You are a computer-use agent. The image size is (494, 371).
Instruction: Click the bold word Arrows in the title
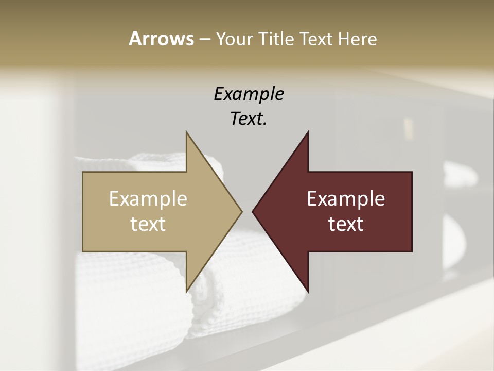pyautogui.click(x=161, y=39)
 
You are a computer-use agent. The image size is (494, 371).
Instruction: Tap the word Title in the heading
pyautogui.click(x=276, y=39)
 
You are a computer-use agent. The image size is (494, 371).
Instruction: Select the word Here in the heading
pyautogui.click(x=357, y=39)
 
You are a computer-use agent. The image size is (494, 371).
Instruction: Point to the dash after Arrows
pyautogui.click(x=204, y=39)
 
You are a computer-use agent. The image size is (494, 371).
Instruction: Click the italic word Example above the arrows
pyautogui.click(x=249, y=94)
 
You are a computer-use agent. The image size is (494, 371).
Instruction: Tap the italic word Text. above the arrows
pyautogui.click(x=249, y=119)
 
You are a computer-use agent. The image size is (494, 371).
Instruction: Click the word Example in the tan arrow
pyautogui.click(x=148, y=198)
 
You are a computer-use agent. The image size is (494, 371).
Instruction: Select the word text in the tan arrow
pyautogui.click(x=148, y=224)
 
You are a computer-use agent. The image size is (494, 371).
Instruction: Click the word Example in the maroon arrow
pyautogui.click(x=346, y=198)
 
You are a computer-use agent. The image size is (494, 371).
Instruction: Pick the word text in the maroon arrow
pyautogui.click(x=346, y=224)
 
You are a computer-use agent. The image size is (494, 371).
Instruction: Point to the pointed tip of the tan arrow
pyautogui.click(x=241, y=211)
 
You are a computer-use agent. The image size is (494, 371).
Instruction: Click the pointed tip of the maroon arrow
pyautogui.click(x=253, y=211)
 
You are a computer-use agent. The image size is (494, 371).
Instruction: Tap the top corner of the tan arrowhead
pyautogui.click(x=186, y=132)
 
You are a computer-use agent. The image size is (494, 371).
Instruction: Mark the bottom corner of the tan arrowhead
pyautogui.click(x=186, y=292)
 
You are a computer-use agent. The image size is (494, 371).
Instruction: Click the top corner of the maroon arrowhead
pyautogui.click(x=308, y=132)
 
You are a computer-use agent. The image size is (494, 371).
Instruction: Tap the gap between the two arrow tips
pyautogui.click(x=247, y=211)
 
